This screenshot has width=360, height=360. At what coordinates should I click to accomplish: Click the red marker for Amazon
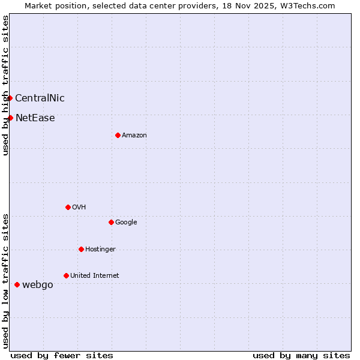pos(118,135)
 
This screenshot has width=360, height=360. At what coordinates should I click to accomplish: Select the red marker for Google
pos(111,222)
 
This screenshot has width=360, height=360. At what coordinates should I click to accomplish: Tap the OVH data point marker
pos(68,207)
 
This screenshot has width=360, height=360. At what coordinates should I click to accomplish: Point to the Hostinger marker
pos(81,249)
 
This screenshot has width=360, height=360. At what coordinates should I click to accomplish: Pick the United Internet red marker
pos(66,275)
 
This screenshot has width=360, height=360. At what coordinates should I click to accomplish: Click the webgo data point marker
pos(17,284)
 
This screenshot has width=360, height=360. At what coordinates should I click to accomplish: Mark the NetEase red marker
pos(10,118)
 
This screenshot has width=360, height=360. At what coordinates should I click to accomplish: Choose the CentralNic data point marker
pos(10,98)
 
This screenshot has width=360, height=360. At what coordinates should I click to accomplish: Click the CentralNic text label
pos(40,98)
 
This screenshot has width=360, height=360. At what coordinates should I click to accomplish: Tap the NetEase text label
pos(35,118)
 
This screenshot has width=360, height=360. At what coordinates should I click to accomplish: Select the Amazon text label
pos(134,136)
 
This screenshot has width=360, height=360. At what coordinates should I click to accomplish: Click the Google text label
pos(126,223)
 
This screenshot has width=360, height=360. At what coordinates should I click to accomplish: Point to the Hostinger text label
pos(100,250)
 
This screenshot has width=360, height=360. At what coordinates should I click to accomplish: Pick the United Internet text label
pos(95,276)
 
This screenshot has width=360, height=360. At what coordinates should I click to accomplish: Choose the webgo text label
pos(38,285)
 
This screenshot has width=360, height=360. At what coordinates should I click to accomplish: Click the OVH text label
pos(79,208)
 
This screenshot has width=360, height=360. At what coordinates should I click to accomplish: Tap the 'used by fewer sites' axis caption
pos(62,355)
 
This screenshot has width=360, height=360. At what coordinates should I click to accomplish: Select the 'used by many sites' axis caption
pos(301,355)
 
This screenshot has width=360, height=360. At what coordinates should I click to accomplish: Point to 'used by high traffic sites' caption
pos(5,85)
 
